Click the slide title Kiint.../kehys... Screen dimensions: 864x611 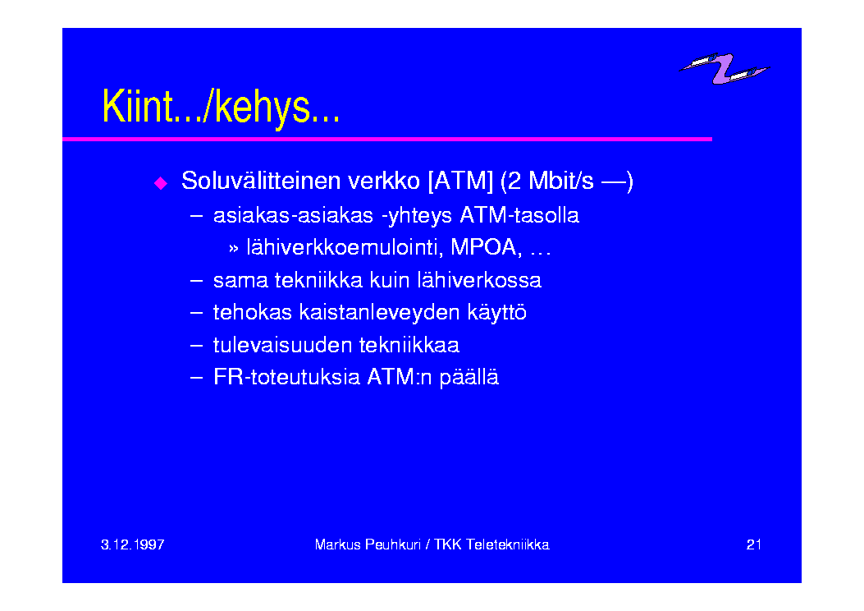[x=221, y=107]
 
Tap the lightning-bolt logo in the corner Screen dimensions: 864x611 [x=724, y=68]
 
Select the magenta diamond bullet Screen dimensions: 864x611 [x=161, y=182]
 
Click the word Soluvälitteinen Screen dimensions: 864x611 [x=261, y=181]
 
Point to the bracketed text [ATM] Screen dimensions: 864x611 [x=460, y=181]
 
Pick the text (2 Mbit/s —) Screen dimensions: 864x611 [x=567, y=181]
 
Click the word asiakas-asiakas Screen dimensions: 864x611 [x=293, y=215]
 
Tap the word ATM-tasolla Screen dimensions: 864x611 [x=519, y=215]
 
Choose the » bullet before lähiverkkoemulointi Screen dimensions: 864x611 [x=234, y=249]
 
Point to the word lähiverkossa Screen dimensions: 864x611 [x=479, y=280]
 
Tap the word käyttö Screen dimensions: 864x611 [x=496, y=313]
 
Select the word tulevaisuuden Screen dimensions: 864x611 [x=282, y=345]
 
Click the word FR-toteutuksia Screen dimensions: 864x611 [x=286, y=377]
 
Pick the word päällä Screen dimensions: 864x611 [x=469, y=378]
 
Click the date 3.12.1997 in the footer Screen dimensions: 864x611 [x=133, y=544]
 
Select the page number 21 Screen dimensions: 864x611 [x=754, y=544]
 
